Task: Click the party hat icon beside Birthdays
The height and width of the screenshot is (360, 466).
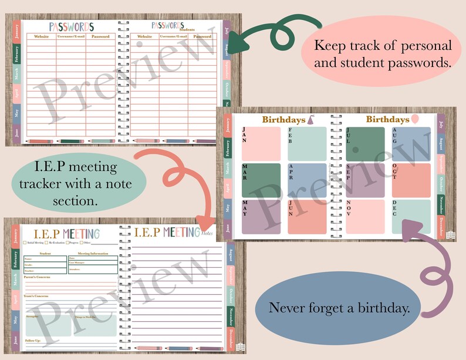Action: (310, 120)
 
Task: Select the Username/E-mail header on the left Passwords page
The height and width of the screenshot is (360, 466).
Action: (71, 36)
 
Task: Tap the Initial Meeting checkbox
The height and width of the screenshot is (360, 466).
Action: (24, 242)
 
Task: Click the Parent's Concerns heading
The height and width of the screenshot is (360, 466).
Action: (36, 277)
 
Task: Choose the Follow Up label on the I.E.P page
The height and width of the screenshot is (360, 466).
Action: (33, 341)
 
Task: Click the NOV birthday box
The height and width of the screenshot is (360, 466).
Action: (364, 217)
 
